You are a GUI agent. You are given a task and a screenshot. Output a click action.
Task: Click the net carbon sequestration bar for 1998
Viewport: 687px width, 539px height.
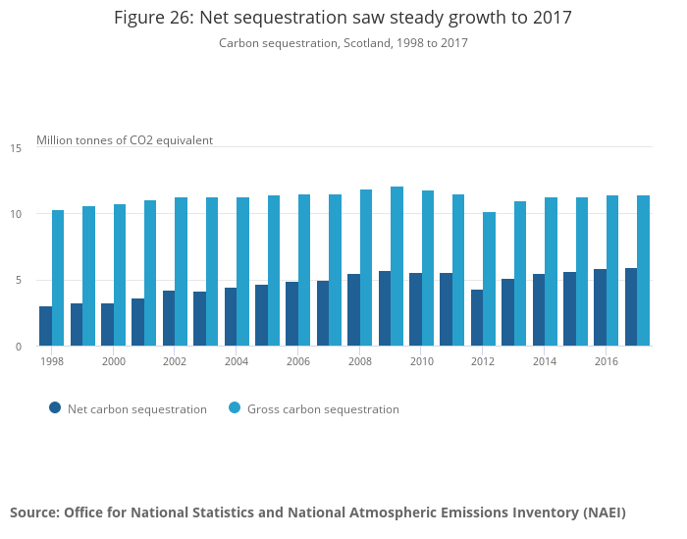(45, 326)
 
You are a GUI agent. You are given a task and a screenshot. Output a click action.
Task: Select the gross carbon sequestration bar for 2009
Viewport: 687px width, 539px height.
(396, 266)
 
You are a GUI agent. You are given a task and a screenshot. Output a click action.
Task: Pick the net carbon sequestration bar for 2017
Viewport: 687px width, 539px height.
(630, 307)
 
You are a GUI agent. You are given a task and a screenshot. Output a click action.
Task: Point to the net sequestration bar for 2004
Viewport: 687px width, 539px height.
(231, 316)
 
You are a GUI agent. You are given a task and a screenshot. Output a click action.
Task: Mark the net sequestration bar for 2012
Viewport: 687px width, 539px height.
(477, 317)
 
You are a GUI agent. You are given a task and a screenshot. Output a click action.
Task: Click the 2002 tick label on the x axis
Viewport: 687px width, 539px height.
(175, 361)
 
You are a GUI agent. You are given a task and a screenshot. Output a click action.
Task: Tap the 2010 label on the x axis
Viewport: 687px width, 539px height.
(422, 361)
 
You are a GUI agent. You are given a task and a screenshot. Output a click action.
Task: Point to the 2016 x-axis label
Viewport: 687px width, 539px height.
(606, 361)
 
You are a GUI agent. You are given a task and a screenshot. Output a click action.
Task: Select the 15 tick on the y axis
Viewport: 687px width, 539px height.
(16, 148)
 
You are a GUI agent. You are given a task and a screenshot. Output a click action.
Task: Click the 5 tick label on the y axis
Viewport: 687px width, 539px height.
(19, 281)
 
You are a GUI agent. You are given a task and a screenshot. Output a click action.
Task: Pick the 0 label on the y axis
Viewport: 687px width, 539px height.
(19, 347)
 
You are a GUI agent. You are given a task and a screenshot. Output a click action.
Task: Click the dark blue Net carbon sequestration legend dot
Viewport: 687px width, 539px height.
(55, 408)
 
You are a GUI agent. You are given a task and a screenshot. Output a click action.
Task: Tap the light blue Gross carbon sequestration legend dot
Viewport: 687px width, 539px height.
(235, 408)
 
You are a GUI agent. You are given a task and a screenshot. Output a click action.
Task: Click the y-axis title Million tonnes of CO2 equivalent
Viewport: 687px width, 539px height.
(125, 140)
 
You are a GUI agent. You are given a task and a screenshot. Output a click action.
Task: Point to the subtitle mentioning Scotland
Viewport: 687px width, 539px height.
(343, 43)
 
